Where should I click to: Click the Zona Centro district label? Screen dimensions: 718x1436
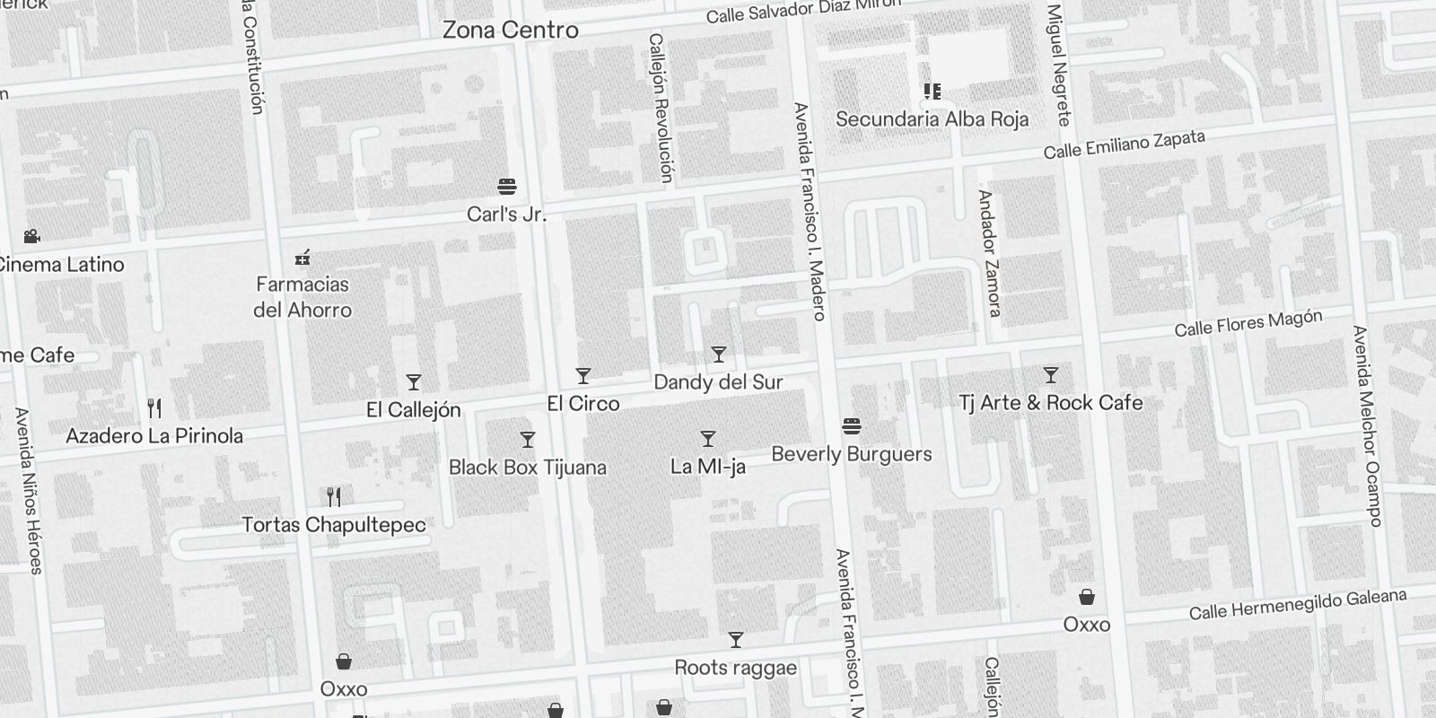click(x=510, y=30)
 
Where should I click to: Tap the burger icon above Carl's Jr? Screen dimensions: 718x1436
click(x=507, y=187)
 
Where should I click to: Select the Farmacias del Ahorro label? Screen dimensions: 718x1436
click(x=302, y=297)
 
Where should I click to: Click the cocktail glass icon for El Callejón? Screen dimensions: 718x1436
click(x=414, y=382)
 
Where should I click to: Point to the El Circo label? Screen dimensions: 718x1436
click(x=583, y=404)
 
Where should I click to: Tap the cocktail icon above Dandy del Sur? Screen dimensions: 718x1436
click(x=718, y=355)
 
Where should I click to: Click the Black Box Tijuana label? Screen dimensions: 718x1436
click(x=528, y=468)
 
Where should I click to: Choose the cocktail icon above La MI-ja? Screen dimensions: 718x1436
click(x=708, y=439)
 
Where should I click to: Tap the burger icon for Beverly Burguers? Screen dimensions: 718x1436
click(x=852, y=425)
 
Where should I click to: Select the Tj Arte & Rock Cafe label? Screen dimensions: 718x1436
click(x=1051, y=403)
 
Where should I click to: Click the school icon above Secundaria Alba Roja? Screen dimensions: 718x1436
click(x=933, y=92)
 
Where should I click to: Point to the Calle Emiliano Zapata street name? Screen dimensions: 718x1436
click(x=1124, y=144)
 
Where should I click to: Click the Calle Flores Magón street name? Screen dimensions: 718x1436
click(x=1248, y=323)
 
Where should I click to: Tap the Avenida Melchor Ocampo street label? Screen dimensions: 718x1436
click(x=1366, y=425)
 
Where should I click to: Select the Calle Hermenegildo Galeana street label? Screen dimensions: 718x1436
click(x=1298, y=605)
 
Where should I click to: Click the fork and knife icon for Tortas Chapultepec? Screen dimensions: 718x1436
click(x=334, y=496)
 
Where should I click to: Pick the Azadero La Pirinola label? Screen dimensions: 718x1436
click(x=154, y=436)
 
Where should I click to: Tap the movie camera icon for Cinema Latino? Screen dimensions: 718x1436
click(x=32, y=236)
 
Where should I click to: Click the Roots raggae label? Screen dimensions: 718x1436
click(x=736, y=668)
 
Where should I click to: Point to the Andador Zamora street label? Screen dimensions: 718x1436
click(x=989, y=253)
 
